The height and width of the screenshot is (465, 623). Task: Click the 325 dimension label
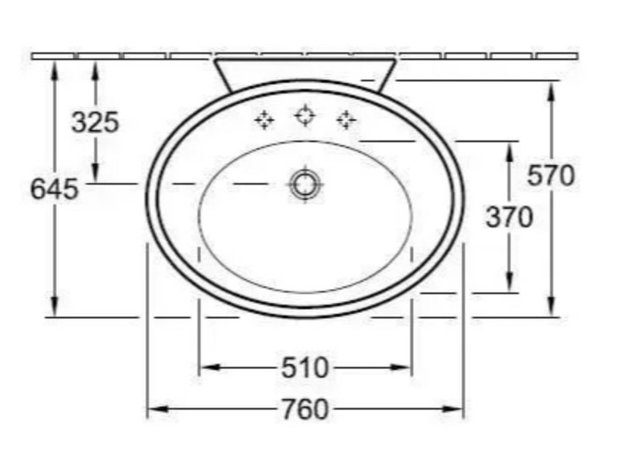click(x=95, y=122)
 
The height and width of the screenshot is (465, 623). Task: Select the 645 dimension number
click(x=55, y=189)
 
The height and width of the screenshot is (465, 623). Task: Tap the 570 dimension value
click(x=551, y=175)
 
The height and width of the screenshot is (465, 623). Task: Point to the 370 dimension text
click(x=509, y=218)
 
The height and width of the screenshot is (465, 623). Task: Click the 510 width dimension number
click(x=305, y=367)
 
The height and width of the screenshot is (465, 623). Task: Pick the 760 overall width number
click(x=305, y=409)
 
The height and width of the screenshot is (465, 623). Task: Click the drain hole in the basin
click(x=305, y=184)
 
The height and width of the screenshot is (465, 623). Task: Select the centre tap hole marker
click(x=305, y=115)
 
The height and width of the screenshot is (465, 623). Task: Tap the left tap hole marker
click(x=264, y=119)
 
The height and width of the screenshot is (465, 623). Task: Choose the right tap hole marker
click(x=346, y=119)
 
